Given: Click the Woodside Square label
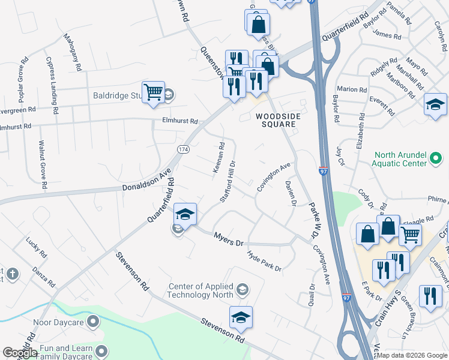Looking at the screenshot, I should point(276,119).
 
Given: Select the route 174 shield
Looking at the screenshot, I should point(183,148).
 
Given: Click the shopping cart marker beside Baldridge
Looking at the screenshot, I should point(153,92).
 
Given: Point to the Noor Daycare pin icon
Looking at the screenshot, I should point(92,323).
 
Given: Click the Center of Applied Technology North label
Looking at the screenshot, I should point(202,291).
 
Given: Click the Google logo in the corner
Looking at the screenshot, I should point(20,353).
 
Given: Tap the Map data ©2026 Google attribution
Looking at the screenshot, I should point(412,355).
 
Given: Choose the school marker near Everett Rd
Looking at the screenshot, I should point(435,104).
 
